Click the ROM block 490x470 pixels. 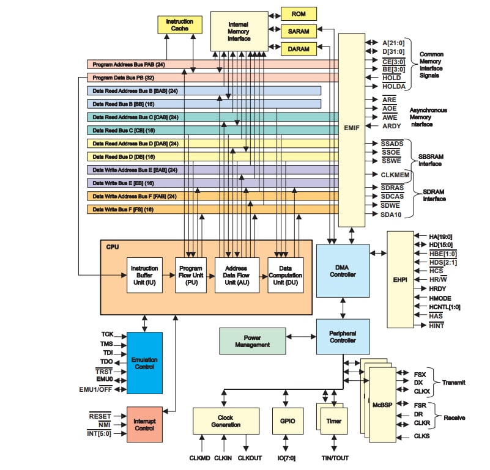coord(299,13)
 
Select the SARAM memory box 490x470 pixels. coord(299,31)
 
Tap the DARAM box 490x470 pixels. coord(299,49)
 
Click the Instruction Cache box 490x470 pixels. coord(179,25)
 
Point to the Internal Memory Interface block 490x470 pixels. coord(239,31)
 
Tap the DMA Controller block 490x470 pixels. coord(343,270)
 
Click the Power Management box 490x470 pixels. coord(252,341)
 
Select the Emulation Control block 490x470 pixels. coord(144,362)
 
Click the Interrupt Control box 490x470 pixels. coord(144,424)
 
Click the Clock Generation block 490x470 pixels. coord(225,420)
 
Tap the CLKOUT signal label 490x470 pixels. coord(250,458)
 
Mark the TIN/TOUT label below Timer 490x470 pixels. coord(335,458)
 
